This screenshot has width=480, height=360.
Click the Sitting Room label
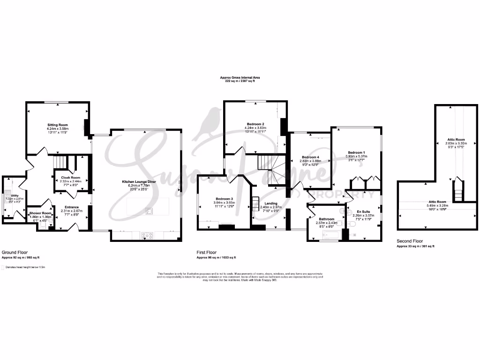pyautogui.click(x=57, y=125)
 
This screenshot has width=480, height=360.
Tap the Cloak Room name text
pyautogui.click(x=70, y=178)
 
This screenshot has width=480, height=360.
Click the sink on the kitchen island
pyautogui.click(x=149, y=211)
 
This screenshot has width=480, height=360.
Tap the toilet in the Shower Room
pyautogui.click(x=43, y=226)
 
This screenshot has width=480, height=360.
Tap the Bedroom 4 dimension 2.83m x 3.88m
pyautogui.click(x=311, y=161)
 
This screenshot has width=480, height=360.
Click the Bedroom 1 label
pyautogui.click(x=355, y=152)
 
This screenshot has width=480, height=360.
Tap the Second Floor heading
pyautogui.click(x=410, y=241)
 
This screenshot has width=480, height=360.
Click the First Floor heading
pyautogui.click(x=207, y=252)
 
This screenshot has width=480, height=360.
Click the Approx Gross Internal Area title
pyautogui.click(x=240, y=77)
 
